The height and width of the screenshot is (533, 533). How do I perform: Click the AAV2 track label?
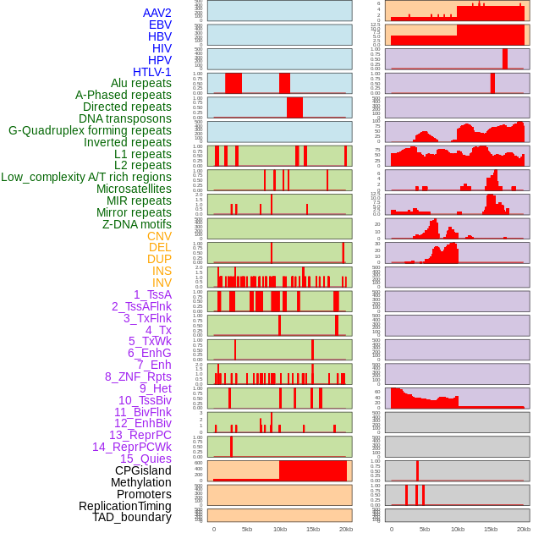tap(157, 13)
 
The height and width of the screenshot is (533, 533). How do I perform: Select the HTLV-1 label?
tap(152, 72)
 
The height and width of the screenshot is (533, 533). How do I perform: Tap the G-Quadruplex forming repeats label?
tap(90, 130)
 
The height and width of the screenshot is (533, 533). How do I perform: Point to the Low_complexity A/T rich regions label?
tap(86, 177)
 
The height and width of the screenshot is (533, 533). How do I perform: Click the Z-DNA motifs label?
tap(137, 224)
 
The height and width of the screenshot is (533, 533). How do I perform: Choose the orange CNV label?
tap(159, 236)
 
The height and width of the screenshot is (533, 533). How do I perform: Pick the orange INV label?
tap(162, 283)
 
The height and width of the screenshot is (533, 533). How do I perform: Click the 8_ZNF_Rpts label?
tap(138, 376)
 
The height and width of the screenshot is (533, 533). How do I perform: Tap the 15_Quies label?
tap(146, 459)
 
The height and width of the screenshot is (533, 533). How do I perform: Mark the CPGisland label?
tap(143, 470)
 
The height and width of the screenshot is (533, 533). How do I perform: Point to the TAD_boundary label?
tap(132, 517)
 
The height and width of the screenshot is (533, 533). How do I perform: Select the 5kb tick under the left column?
tap(247, 529)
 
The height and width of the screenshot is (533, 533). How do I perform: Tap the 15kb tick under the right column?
tap(491, 529)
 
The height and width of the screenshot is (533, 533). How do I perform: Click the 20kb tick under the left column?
tap(346, 529)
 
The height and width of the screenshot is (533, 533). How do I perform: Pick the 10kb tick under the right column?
tap(458, 529)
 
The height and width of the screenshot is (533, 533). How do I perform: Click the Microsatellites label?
tap(134, 189)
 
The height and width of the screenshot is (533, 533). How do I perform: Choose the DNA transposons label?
tap(125, 118)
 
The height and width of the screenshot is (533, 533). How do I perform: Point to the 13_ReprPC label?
tap(140, 435)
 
